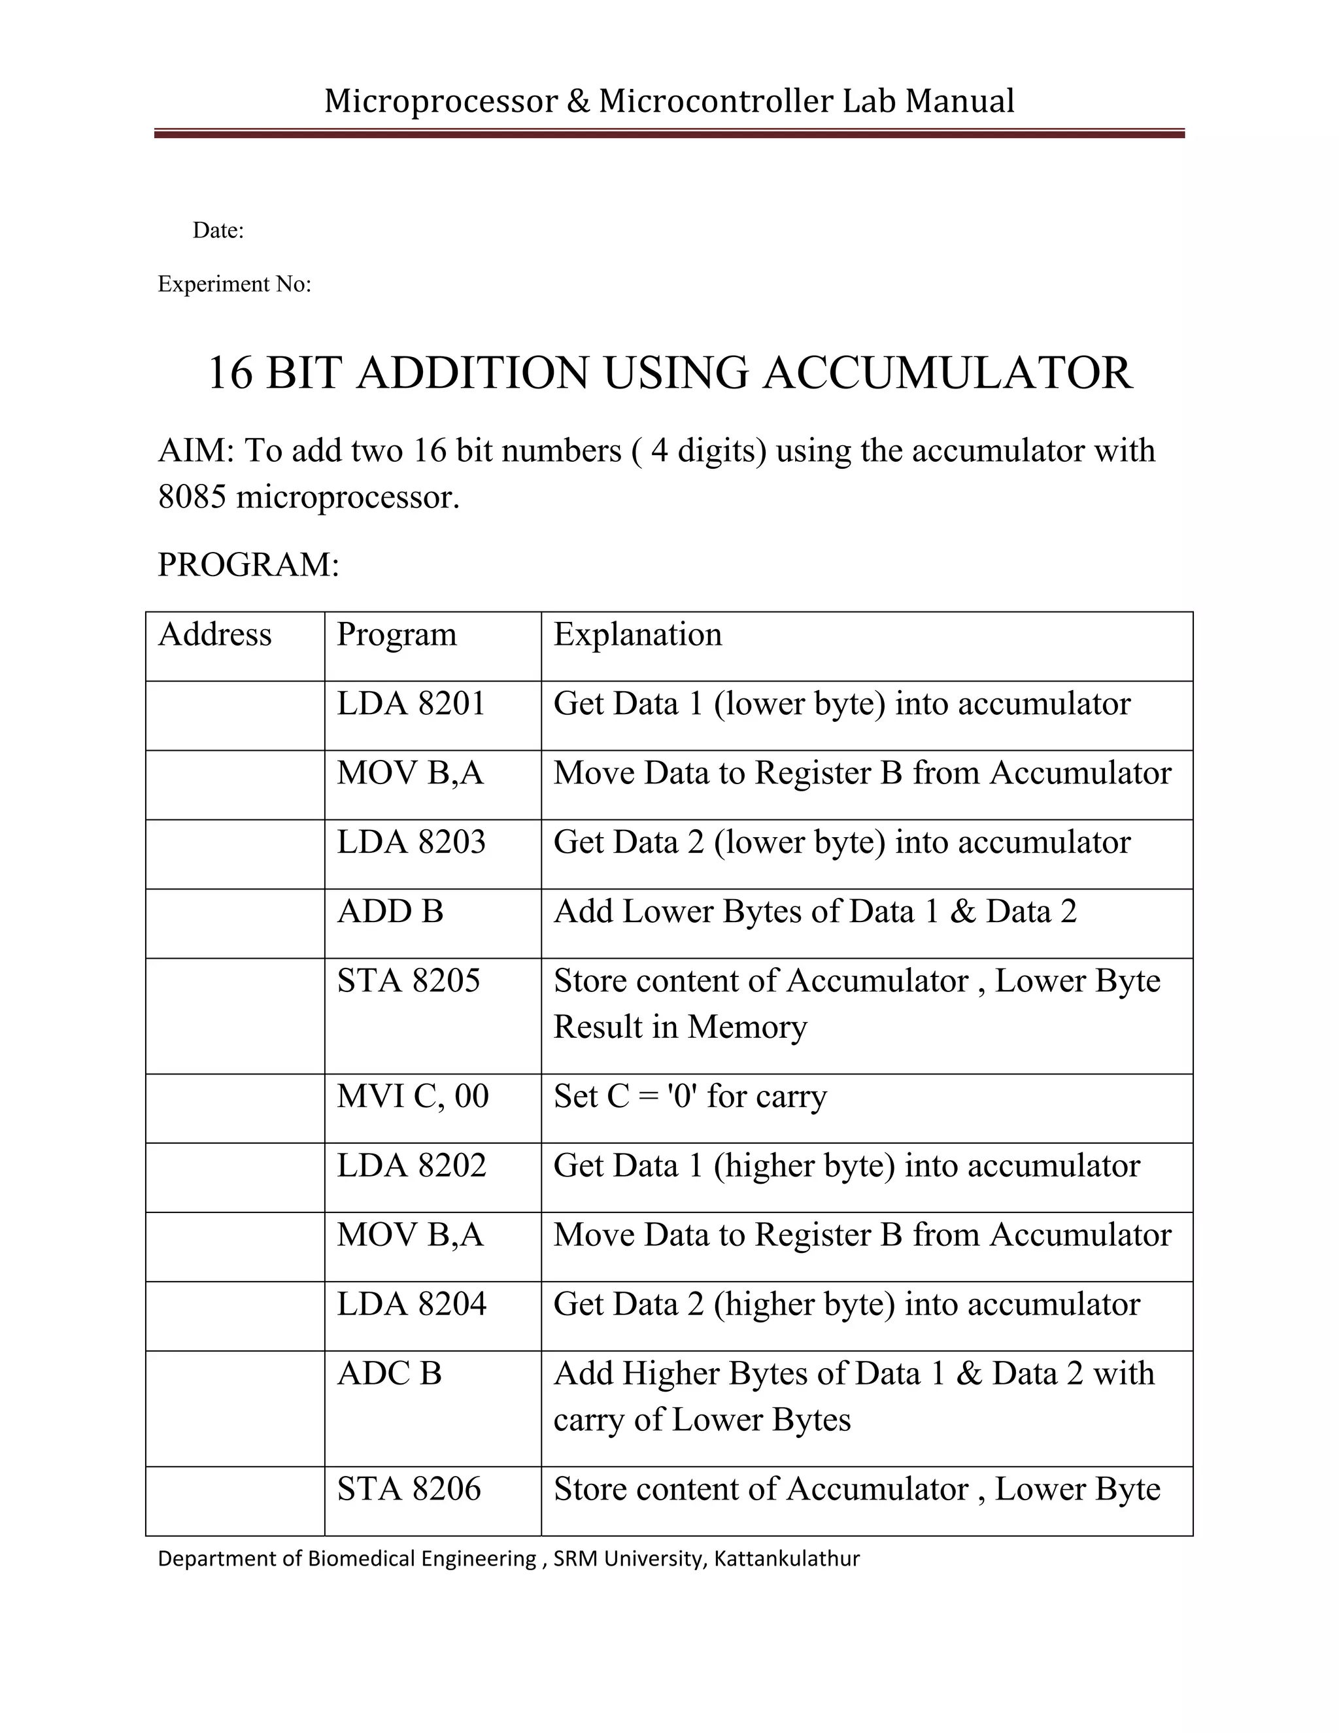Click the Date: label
coord(218,231)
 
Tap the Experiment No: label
coord(235,284)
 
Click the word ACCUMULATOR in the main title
coord(947,373)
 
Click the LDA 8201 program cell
coord(411,704)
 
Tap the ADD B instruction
coord(390,912)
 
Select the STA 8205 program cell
coord(409,982)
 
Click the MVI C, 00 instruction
coord(413,1097)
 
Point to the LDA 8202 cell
coord(411,1165)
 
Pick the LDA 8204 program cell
coord(411,1305)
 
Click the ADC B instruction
coord(389,1373)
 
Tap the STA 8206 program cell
coord(409,1489)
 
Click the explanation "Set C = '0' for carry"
coord(690,1097)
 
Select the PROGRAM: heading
coord(248,565)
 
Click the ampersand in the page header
coord(579,101)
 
